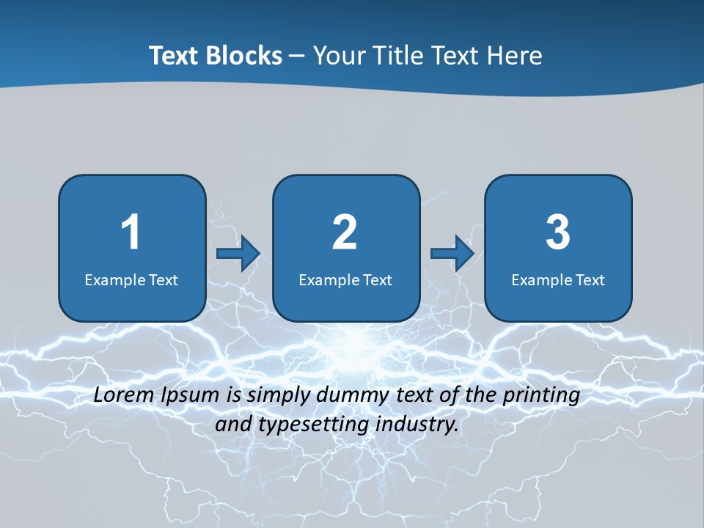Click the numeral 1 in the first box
pos(131,232)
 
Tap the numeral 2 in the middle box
pos(345,232)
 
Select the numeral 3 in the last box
pos(558,232)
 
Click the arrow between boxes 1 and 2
pos(238,254)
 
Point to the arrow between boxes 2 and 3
pos(452,254)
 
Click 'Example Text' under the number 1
pos(131,279)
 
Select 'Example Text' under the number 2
pos(345,279)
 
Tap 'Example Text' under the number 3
pos(558,279)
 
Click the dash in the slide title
pos(297,56)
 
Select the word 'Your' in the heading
pos(339,56)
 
